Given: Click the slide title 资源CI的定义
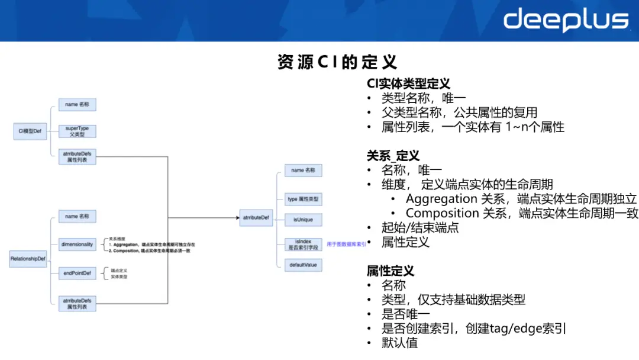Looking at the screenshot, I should point(337,62).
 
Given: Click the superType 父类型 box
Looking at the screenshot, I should point(77,131).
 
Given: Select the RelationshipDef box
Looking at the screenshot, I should point(28,258).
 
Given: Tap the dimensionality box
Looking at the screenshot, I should point(77,244).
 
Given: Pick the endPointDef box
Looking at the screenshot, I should point(77,273).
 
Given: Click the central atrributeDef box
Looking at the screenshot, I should point(256,218).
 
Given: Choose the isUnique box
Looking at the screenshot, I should point(303,220).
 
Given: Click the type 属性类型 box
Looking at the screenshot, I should point(303,200).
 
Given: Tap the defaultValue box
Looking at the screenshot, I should point(303,265).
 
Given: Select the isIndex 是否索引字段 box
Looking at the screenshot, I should point(303,244).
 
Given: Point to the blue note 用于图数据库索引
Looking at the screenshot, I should point(346,244).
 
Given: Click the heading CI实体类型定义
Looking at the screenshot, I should point(408,84).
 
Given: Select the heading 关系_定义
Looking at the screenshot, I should point(393,156).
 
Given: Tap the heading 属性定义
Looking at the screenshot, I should point(390,271).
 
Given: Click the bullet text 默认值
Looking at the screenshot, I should point(400,343).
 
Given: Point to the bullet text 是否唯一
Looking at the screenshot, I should point(406,314).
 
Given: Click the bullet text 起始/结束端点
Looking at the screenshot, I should point(420,227).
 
